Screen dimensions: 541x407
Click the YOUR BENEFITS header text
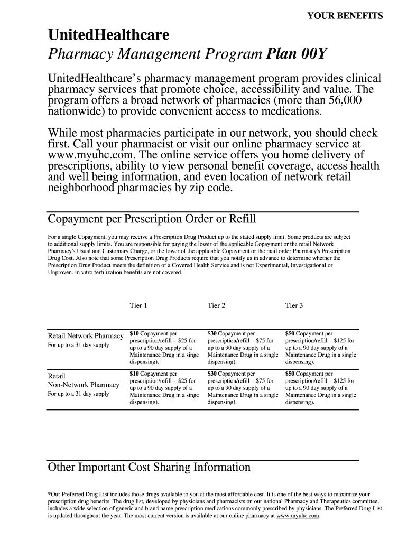point(345,16)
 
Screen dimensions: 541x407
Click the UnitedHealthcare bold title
point(109,36)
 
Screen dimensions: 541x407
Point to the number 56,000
point(344,100)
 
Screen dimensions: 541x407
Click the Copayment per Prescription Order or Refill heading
point(152,219)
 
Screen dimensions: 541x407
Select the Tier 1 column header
point(138,306)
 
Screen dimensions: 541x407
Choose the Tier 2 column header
point(217,306)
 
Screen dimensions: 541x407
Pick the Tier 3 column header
point(294,306)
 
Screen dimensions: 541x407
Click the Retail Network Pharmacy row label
point(86,336)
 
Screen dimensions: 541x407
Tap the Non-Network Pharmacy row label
point(84,385)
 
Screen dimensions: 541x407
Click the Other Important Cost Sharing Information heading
point(149,468)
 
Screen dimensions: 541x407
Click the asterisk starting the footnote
point(49,494)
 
